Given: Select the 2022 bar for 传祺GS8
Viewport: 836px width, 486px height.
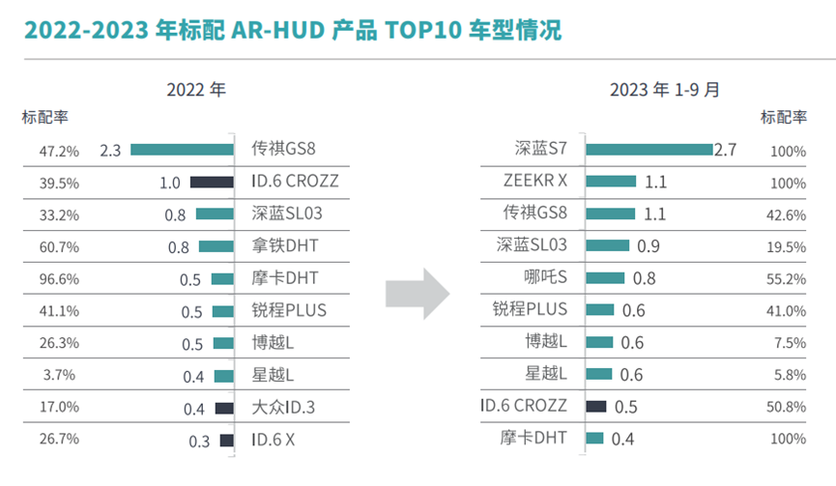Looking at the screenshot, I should [x=183, y=150].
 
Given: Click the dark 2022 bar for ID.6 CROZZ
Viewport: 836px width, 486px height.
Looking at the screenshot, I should [x=212, y=182].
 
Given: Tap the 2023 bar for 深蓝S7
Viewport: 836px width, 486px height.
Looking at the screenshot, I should [x=649, y=150].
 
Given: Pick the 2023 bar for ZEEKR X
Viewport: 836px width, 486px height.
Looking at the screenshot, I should [x=611, y=182].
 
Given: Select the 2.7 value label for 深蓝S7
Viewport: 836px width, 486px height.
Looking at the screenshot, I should [x=725, y=150].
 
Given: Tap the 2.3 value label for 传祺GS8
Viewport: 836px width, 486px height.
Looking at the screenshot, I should [x=110, y=151].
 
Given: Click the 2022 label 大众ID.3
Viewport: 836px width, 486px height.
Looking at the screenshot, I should [x=283, y=408].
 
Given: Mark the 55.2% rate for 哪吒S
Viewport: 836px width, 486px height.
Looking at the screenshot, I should [x=788, y=279].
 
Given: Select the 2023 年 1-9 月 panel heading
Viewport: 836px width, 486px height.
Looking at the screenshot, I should [x=665, y=90].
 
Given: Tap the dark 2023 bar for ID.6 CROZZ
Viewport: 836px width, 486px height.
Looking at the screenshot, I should [x=596, y=407].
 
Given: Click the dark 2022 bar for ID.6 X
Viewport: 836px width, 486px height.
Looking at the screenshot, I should [x=227, y=441].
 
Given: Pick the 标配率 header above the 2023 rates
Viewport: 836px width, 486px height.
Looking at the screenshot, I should [x=784, y=118].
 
